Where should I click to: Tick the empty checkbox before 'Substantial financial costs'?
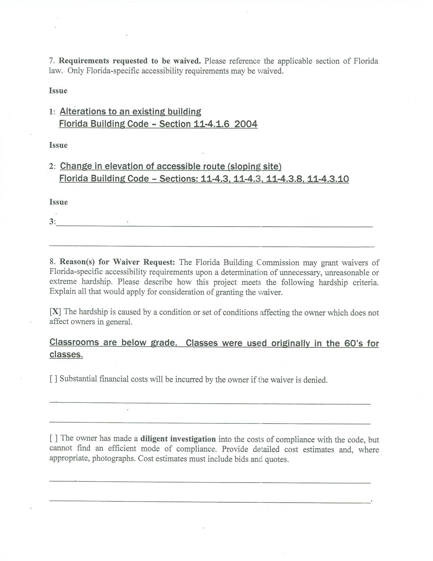53,379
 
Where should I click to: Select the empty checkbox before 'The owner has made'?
53,438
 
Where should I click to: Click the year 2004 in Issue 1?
246,124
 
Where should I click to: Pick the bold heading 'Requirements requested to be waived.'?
130,61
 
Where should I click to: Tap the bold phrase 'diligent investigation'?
178,439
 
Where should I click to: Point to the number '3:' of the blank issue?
53,222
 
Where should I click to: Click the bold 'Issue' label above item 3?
58,202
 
